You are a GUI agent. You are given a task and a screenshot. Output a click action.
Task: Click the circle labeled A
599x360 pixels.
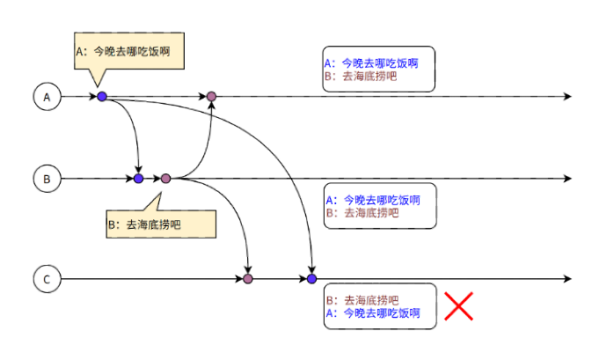47,97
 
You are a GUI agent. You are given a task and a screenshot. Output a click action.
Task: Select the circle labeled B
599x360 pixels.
47,179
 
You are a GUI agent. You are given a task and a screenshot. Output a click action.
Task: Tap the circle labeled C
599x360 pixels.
47,279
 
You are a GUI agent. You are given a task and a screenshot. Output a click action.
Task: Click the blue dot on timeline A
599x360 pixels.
102,96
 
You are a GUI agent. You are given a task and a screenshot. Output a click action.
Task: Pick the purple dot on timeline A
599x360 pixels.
211,96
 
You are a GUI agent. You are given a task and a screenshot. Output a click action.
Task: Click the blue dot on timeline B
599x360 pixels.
138,178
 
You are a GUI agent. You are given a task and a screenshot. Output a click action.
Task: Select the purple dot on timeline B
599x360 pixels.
165,178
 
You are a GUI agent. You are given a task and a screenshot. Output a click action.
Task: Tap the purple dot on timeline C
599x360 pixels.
248,279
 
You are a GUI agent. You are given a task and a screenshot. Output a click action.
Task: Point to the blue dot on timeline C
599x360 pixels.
311,279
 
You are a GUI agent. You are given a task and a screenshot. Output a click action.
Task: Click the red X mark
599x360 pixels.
459,306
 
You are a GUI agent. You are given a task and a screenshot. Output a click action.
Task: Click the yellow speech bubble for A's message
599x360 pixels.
129,51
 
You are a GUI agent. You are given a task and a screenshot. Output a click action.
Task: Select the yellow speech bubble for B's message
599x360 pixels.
161,224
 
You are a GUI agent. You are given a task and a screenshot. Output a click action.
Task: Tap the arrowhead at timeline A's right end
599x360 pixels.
567,97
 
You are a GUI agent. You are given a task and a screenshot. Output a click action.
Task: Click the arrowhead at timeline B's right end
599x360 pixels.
567,179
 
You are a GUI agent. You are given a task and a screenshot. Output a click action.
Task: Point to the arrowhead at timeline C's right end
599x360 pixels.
567,279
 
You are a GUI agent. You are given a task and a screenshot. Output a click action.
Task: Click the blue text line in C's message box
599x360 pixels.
373,313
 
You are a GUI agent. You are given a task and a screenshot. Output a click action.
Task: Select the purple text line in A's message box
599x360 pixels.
361,76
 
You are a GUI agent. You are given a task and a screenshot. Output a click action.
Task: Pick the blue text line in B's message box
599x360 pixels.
373,200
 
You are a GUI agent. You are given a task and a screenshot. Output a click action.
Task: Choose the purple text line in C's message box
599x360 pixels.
362,300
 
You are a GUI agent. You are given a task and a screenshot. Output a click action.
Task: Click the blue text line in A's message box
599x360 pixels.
371,63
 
